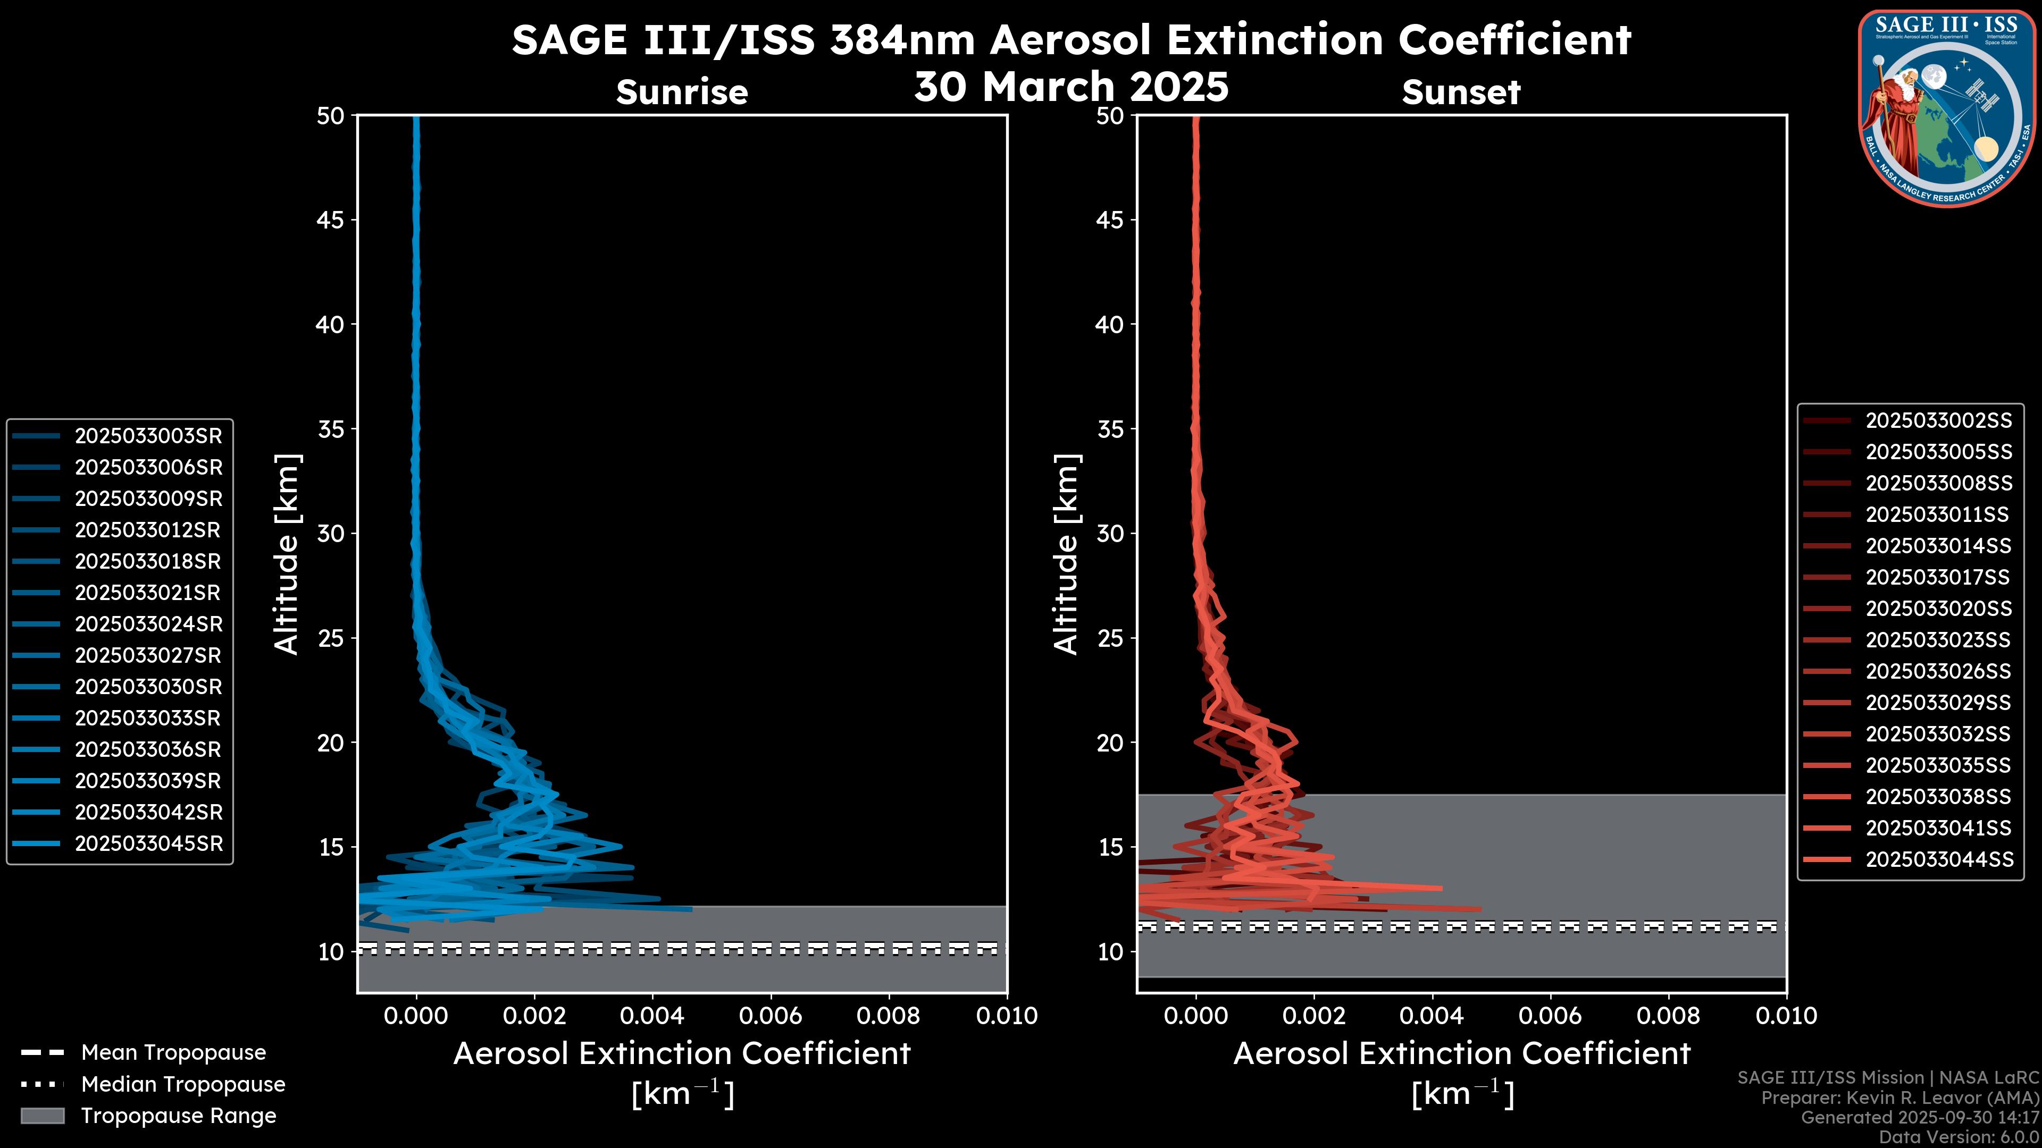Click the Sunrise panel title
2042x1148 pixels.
pyautogui.click(x=682, y=92)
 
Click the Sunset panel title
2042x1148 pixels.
pyautogui.click(x=1461, y=92)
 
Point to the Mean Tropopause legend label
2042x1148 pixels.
pyautogui.click(x=173, y=1053)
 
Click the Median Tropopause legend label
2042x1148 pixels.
pyautogui.click(x=183, y=1085)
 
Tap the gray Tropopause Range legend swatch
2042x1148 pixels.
pyautogui.click(x=43, y=1116)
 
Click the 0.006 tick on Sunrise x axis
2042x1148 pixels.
pyautogui.click(x=771, y=1016)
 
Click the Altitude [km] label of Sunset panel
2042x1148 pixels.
pyautogui.click(x=1066, y=554)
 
